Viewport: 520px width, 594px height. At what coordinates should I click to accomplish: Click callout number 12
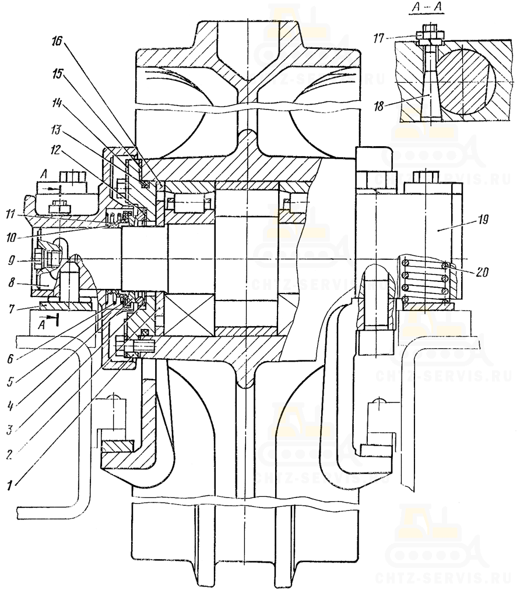(55, 151)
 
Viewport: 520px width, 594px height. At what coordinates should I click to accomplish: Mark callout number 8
(12, 282)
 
